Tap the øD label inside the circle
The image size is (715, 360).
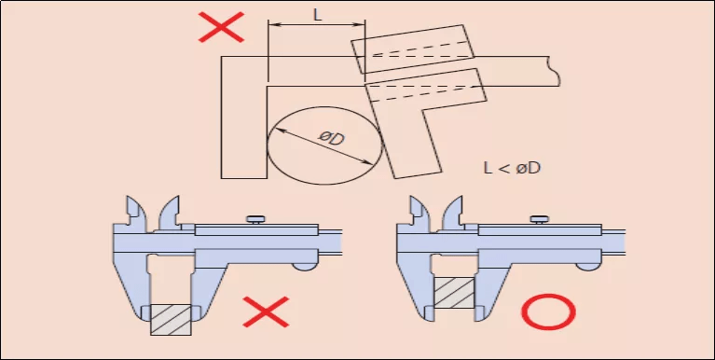(331, 140)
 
